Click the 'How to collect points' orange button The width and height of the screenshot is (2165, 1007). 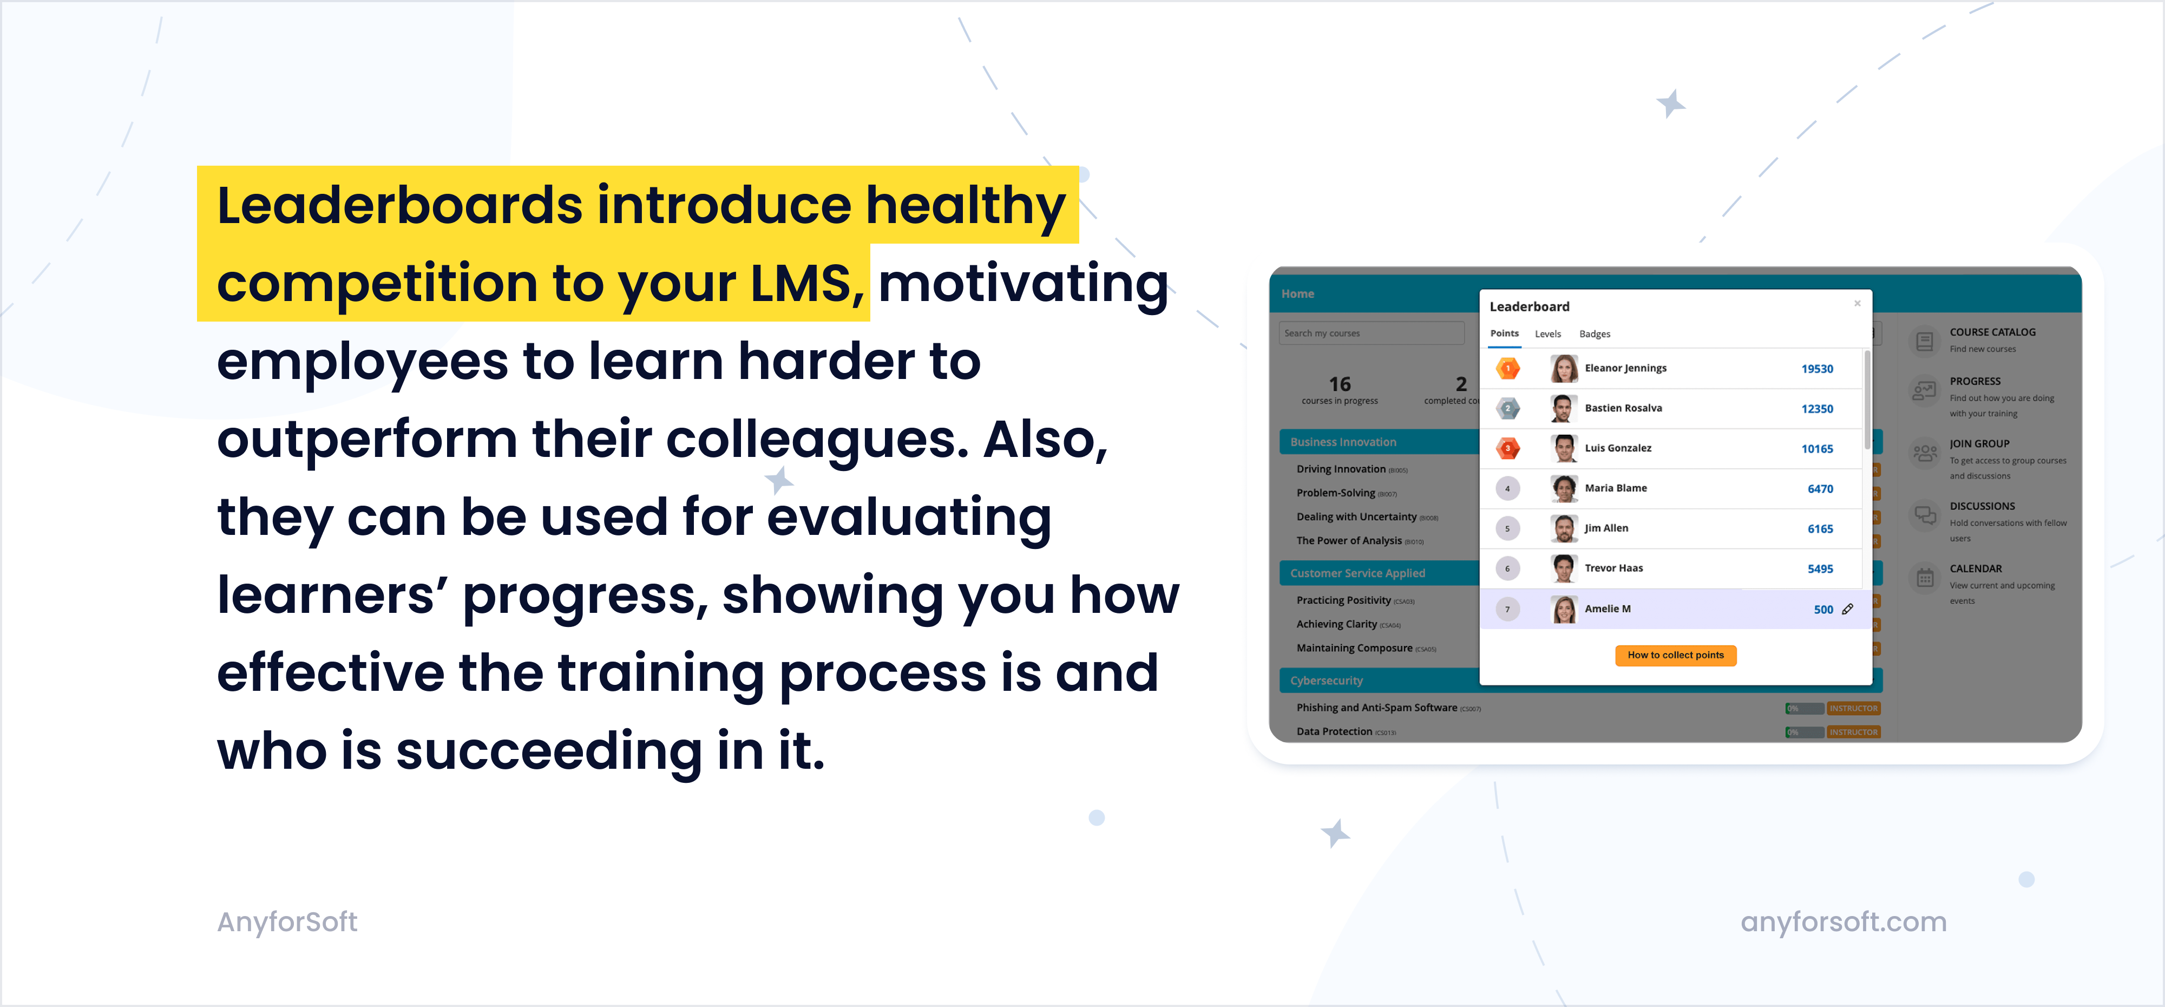click(1675, 655)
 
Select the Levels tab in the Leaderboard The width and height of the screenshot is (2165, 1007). click(1547, 334)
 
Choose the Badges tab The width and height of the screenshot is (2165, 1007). click(1595, 334)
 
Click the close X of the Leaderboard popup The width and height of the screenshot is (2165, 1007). click(1858, 303)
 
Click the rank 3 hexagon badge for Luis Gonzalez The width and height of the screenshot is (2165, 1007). click(1508, 448)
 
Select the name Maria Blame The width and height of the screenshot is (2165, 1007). click(1615, 488)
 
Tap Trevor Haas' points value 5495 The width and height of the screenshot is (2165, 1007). click(1820, 569)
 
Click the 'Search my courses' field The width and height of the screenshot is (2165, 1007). click(1370, 334)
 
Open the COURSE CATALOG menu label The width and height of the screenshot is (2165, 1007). click(1992, 332)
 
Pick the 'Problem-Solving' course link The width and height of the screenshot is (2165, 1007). click(1335, 493)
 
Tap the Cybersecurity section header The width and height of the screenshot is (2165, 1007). click(1326, 680)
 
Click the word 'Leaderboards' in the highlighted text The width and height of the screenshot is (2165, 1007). click(399, 206)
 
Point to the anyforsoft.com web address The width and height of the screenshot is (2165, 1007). click(1843, 922)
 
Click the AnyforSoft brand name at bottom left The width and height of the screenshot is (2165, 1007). click(287, 922)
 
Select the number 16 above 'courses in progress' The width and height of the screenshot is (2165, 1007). click(1340, 384)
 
